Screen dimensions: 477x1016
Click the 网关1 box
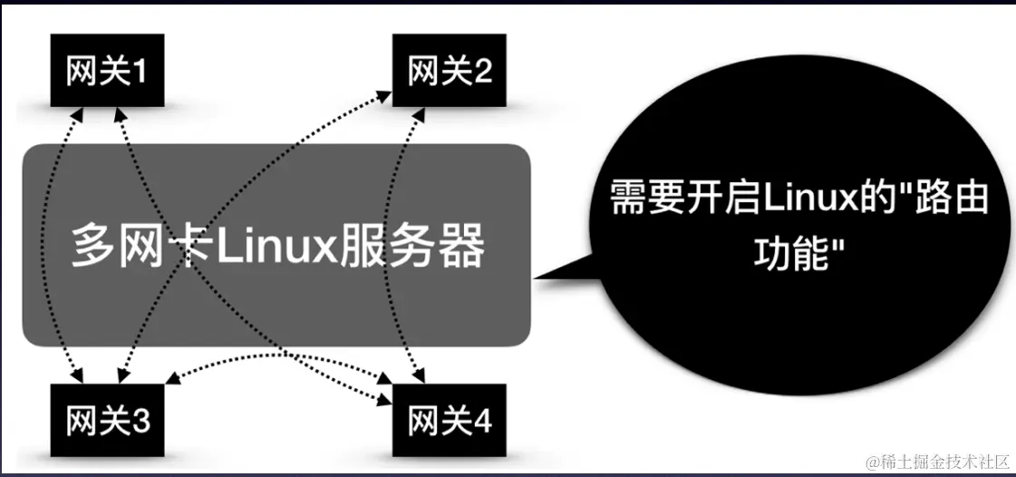coord(107,71)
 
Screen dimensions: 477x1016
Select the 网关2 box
coord(450,71)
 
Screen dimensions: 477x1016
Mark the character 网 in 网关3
coord(79,421)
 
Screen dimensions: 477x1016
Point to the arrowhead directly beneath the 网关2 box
coord(421,111)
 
